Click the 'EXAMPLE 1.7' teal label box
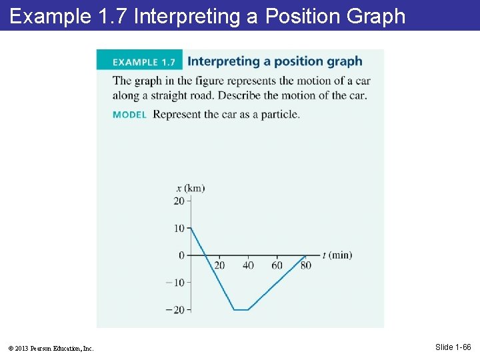(139, 61)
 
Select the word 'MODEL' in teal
(129, 115)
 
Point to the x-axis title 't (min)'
(337, 255)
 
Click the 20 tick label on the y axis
(179, 201)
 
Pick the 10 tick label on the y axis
(179, 229)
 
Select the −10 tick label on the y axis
(175, 283)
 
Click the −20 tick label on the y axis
(175, 310)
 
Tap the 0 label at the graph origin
(181, 255)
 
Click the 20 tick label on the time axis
(219, 265)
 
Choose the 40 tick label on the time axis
(248, 265)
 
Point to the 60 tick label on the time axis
(277, 265)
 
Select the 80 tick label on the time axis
(305, 265)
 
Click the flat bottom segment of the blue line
(241, 309)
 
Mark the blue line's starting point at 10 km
(191, 229)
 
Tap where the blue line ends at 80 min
(305, 255)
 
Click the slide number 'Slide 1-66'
(453, 347)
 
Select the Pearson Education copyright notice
(51, 348)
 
